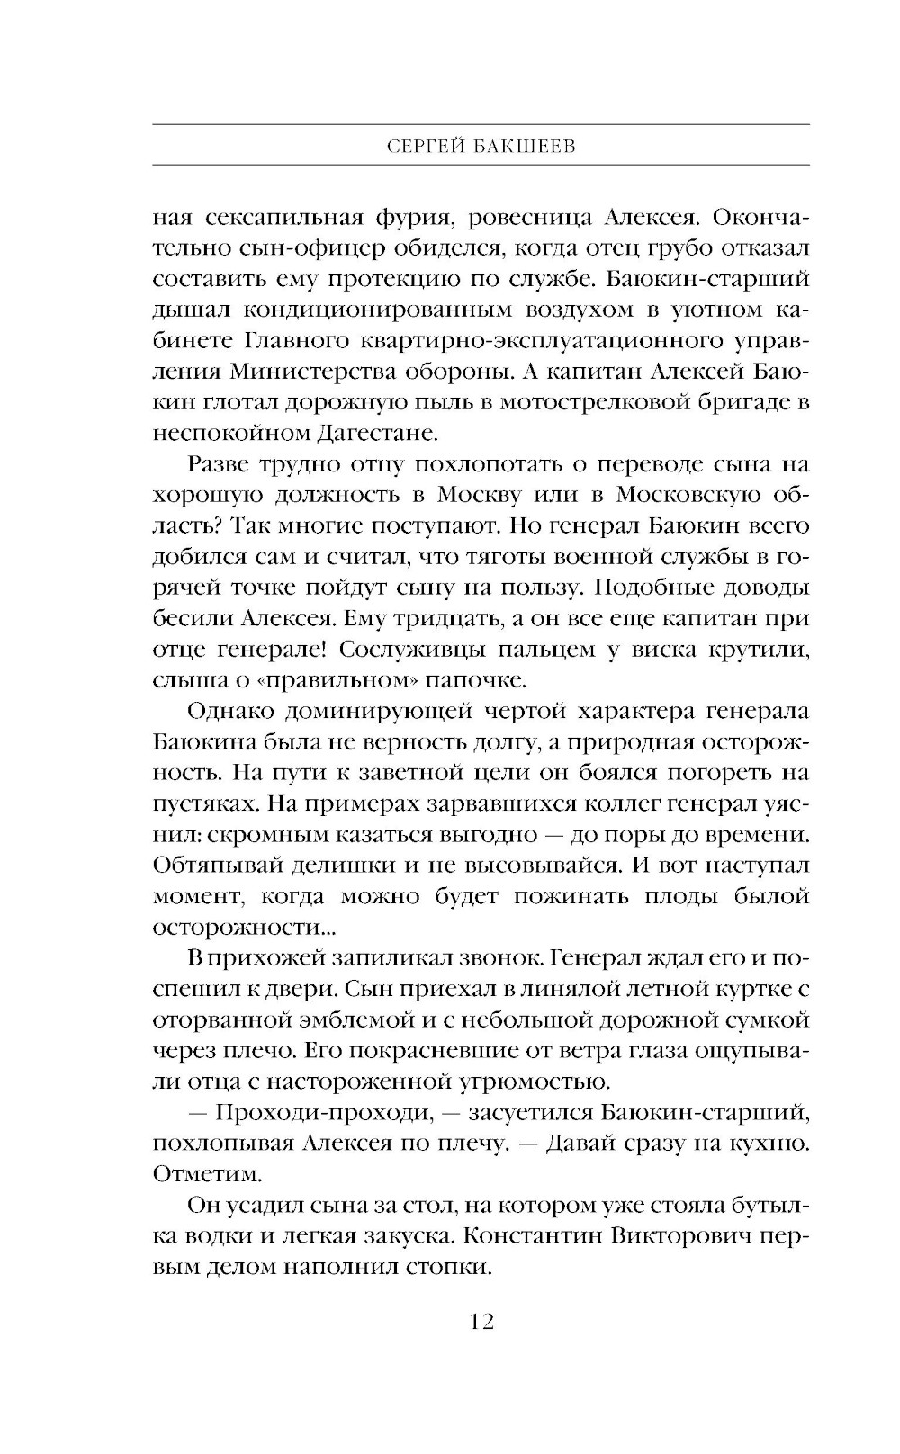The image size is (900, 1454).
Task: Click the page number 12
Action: [x=481, y=1322]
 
